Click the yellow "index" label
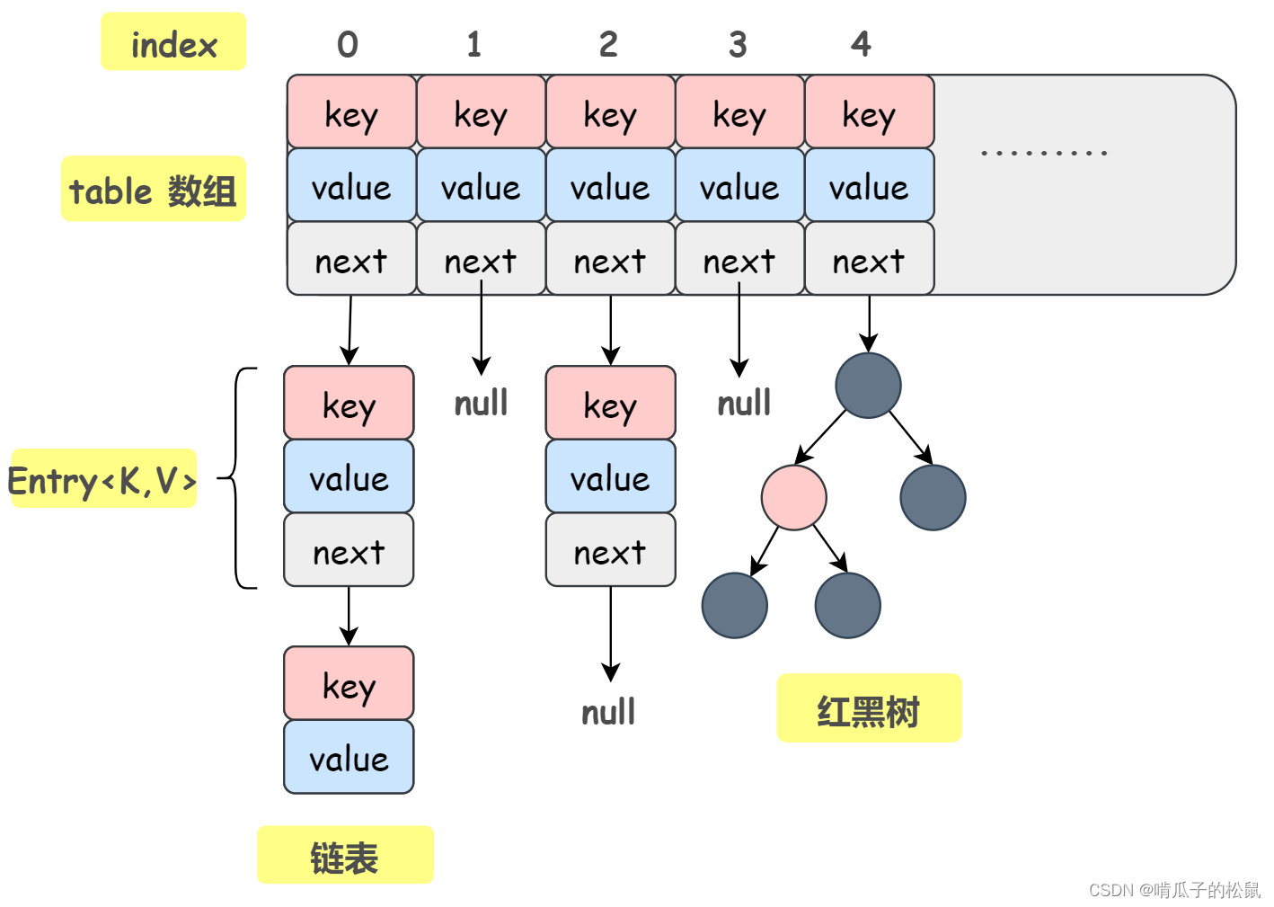click(x=173, y=42)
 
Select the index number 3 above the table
click(x=738, y=44)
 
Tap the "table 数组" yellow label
click(x=154, y=190)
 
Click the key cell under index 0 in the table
click(x=351, y=112)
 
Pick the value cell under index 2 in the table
click(x=610, y=186)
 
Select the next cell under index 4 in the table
click(x=869, y=260)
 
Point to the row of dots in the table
click(x=1044, y=153)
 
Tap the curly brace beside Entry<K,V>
click(x=238, y=478)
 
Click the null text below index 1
click(x=481, y=404)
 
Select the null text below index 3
click(x=744, y=404)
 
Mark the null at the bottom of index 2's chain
click(x=608, y=713)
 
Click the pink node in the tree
click(x=793, y=497)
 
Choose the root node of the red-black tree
click(x=868, y=386)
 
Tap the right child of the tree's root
click(x=933, y=497)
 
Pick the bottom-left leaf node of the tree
click(x=734, y=605)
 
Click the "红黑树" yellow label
click(x=869, y=709)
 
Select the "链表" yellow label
click(x=345, y=856)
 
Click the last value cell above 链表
click(x=349, y=758)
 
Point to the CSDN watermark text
click(x=1174, y=889)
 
